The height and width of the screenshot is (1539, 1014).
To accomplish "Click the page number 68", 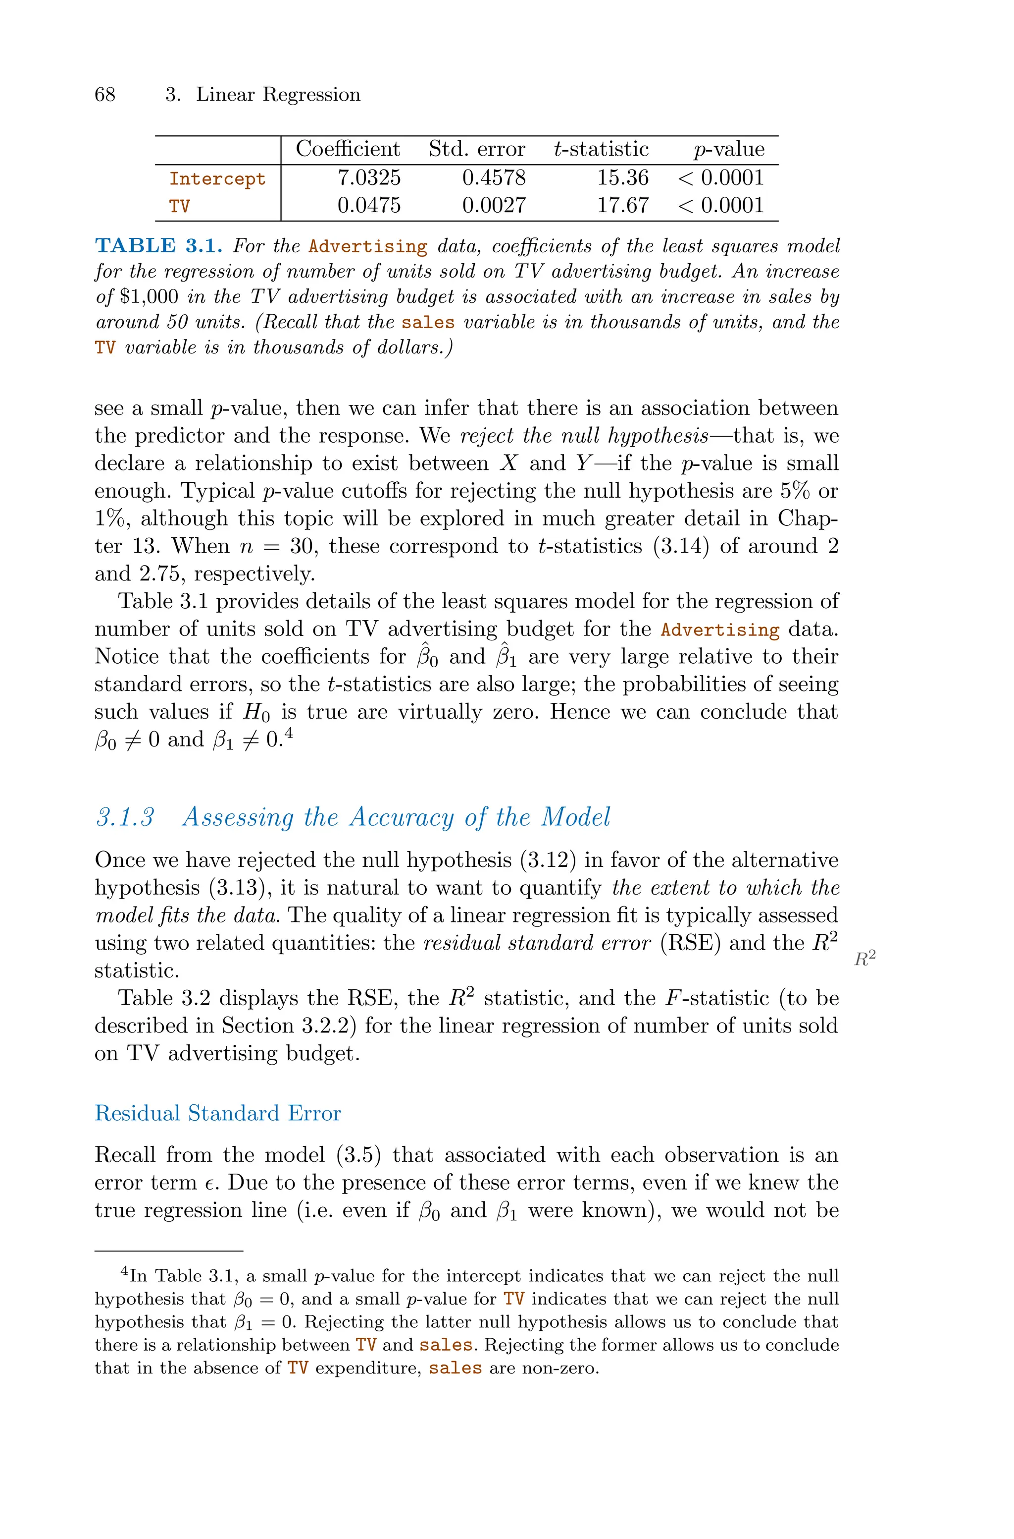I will tap(105, 95).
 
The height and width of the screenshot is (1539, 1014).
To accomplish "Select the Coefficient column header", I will tap(348, 150).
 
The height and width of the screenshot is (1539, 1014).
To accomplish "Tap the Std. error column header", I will tap(477, 150).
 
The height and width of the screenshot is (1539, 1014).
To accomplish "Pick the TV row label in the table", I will tap(179, 207).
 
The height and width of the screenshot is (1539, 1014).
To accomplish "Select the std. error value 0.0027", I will tap(494, 206).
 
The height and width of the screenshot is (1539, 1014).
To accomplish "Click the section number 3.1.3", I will tap(125, 817).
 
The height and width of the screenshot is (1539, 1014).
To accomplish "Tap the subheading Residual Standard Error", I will tap(217, 1113).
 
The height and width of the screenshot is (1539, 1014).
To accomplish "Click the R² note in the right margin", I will tap(864, 959).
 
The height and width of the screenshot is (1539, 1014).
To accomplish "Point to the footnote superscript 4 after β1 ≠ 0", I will tap(290, 734).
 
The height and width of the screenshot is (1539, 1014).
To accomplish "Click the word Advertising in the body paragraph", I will tap(720, 629).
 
